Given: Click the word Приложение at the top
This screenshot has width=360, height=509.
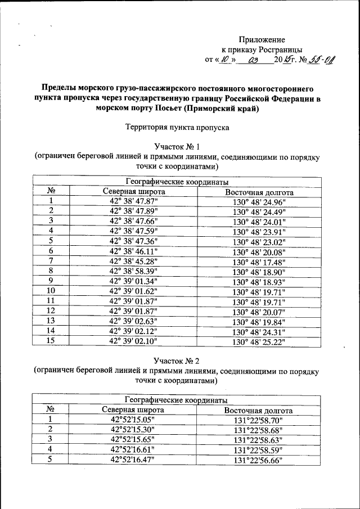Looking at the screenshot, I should coord(262,39).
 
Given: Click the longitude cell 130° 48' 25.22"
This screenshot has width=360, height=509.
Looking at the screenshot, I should coord(259,341).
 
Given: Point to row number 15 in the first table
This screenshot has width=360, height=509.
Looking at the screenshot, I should coord(51,341).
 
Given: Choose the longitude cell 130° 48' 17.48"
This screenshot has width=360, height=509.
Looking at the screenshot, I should coord(259,262).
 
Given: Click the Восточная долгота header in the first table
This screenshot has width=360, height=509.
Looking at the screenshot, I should coord(259,192).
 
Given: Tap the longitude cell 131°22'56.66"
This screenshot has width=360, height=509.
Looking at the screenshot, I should coord(259,460).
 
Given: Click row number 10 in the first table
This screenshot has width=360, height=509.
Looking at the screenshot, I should coord(51,291).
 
